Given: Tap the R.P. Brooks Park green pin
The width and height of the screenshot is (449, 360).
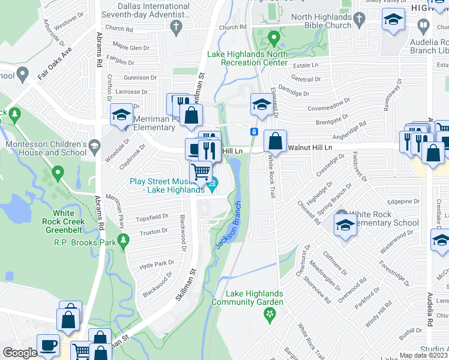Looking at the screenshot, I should pyautogui.click(x=124, y=241).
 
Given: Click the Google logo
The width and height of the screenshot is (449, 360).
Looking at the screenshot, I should pyautogui.click(x=19, y=353).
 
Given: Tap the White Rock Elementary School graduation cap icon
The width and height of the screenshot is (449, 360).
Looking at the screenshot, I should pyautogui.click(x=345, y=226).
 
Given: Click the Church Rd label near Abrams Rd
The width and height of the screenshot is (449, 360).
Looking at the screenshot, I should pyautogui.click(x=118, y=28).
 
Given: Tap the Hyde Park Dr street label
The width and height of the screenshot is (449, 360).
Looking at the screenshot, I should pyautogui.click(x=156, y=263).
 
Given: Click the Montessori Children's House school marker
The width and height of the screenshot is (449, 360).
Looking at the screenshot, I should pyautogui.click(x=94, y=145).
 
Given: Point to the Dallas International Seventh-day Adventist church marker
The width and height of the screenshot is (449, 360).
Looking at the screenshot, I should pyautogui.click(x=176, y=26).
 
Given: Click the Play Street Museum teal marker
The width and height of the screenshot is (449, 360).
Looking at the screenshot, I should pyautogui.click(x=213, y=187).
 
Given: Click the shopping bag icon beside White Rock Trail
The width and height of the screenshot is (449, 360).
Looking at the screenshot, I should pyautogui.click(x=275, y=142).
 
